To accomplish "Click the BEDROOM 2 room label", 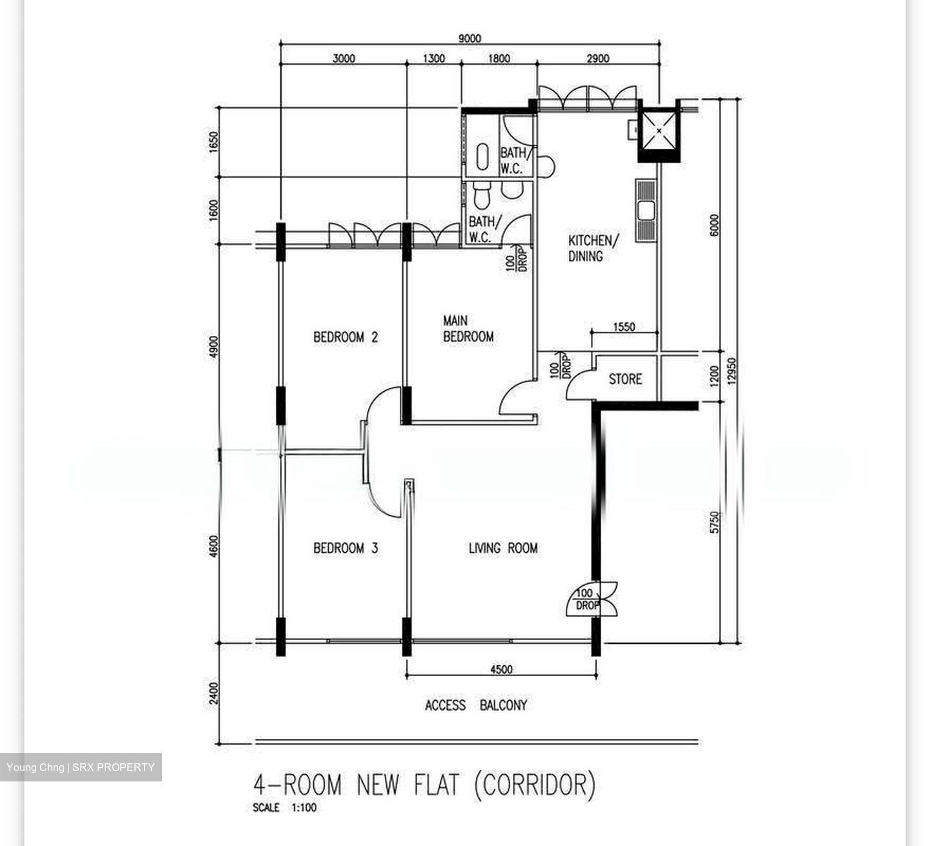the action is pyautogui.click(x=346, y=337).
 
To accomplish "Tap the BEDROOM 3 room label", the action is pyautogui.click(x=346, y=548).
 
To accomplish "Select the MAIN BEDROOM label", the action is pyautogui.click(x=468, y=328).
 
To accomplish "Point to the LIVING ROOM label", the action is pyautogui.click(x=503, y=548).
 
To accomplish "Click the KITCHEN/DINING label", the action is pyautogui.click(x=593, y=248).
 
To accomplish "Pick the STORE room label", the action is pyautogui.click(x=625, y=378).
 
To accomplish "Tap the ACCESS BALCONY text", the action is pyautogui.click(x=476, y=705).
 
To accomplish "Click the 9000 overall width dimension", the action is pyautogui.click(x=470, y=38).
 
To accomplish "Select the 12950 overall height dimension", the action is pyautogui.click(x=732, y=371).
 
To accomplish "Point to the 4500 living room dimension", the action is pyautogui.click(x=502, y=669).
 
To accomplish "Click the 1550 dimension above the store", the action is pyautogui.click(x=624, y=327).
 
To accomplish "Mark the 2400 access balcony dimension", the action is pyautogui.click(x=213, y=693).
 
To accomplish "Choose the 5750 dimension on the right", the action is pyautogui.click(x=714, y=522).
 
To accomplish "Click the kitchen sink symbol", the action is pyautogui.click(x=646, y=211).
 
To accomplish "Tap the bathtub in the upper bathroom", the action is pyautogui.click(x=482, y=156).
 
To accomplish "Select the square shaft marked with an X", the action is pyautogui.click(x=659, y=131).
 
